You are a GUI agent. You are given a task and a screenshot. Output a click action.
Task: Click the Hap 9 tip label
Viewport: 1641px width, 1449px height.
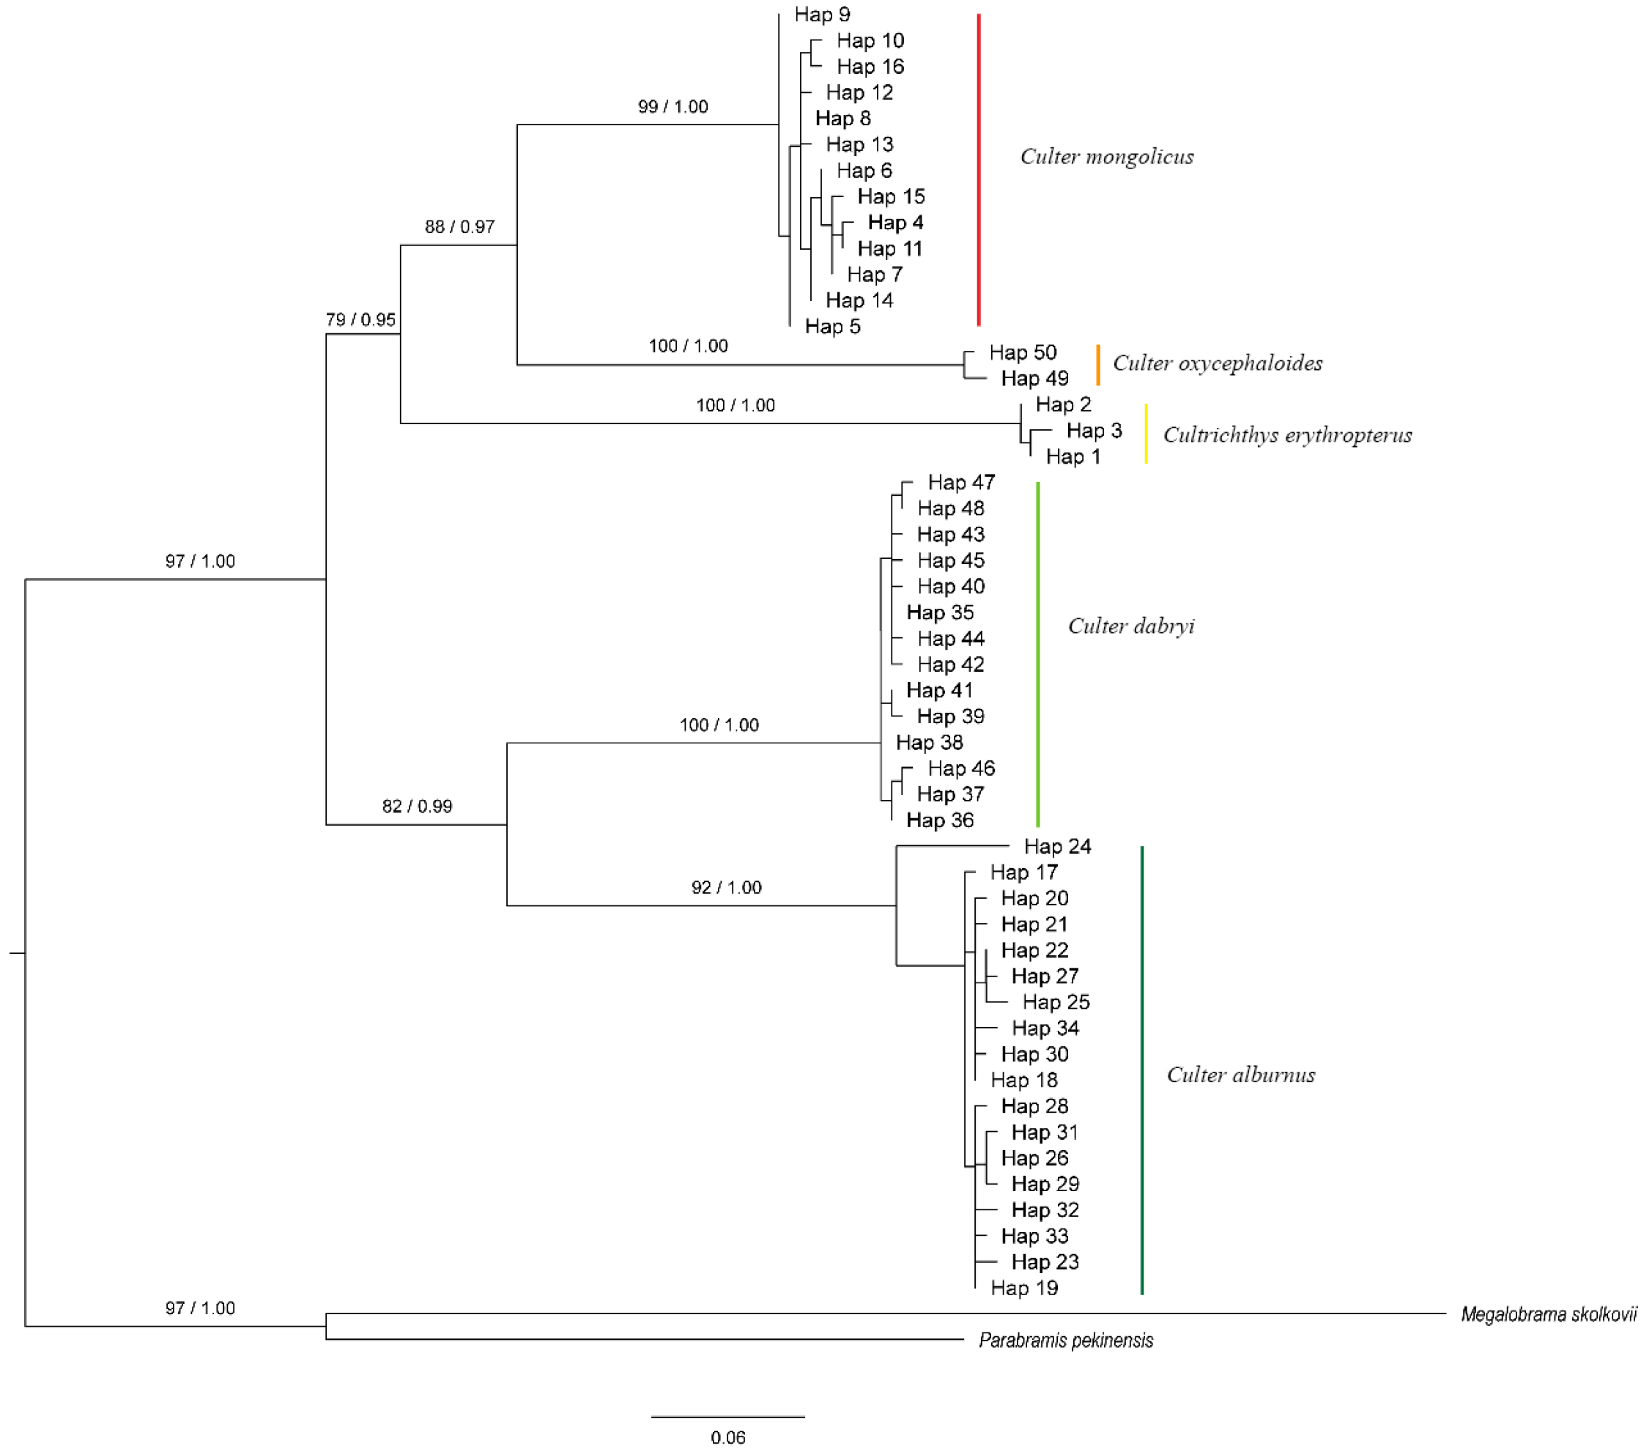822,15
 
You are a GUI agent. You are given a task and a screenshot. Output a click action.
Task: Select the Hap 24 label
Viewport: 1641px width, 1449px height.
1057,847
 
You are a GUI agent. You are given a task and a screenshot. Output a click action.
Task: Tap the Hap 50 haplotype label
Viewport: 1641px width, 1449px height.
1022,352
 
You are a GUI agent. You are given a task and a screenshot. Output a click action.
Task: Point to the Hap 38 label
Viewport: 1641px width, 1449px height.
929,743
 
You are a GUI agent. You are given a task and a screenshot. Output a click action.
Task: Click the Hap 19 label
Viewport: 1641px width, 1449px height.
1023,1289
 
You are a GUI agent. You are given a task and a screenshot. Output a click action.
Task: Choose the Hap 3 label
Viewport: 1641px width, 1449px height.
1094,431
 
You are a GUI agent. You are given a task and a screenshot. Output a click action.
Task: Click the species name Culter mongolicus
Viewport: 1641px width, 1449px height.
1106,157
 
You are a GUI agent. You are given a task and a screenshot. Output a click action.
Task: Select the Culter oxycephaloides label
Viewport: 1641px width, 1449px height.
1217,363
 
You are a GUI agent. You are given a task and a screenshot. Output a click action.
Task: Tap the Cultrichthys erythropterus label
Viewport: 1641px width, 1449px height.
1287,435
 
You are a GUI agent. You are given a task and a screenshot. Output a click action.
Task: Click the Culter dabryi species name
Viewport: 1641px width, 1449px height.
1130,626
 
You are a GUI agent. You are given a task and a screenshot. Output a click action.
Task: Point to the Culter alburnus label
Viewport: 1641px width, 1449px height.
1240,1075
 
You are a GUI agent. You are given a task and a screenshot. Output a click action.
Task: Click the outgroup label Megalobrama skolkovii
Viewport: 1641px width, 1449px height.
1548,1315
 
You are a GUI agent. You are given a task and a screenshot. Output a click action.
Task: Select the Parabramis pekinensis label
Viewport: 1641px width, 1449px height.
1065,1341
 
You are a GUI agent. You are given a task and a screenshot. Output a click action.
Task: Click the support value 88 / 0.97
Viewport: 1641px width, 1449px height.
459,227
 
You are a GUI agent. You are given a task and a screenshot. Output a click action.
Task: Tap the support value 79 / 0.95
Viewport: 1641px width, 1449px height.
360,320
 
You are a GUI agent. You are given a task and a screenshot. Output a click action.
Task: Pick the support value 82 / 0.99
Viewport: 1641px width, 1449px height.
417,807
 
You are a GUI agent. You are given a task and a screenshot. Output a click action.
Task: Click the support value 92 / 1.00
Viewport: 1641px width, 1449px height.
726,888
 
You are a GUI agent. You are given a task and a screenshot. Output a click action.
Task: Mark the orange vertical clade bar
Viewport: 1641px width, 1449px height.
1098,366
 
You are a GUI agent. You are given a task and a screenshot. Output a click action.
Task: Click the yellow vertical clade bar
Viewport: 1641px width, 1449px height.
1146,434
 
